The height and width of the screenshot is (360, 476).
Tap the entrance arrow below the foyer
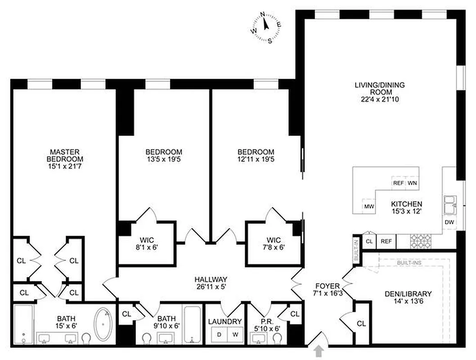point(319,351)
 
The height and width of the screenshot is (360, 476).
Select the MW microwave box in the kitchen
point(369,207)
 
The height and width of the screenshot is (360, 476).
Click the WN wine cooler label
point(412,183)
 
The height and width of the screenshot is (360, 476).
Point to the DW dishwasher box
point(449,222)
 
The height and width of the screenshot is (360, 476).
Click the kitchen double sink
point(449,205)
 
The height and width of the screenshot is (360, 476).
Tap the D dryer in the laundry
point(219,335)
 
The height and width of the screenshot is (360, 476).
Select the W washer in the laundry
point(234,335)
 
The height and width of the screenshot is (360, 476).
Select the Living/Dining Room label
point(379,88)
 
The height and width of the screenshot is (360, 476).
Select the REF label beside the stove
point(386,242)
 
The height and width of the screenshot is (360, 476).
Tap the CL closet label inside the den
point(361,324)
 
